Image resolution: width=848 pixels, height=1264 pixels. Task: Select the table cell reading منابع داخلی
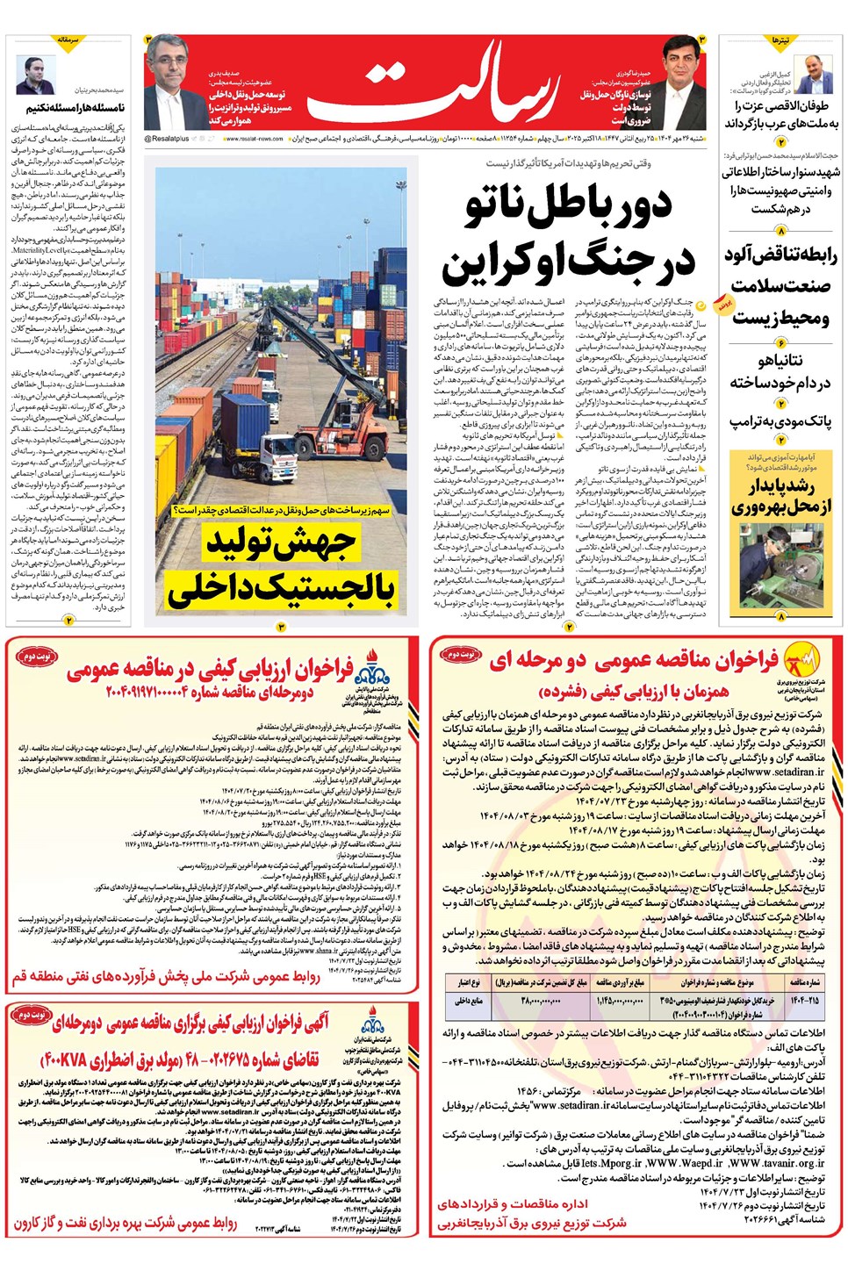tap(469, 1000)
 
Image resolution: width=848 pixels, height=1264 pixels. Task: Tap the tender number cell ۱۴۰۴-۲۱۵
tap(804, 1000)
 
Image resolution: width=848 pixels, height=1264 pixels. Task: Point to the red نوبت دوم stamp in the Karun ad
tap(32, 1016)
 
